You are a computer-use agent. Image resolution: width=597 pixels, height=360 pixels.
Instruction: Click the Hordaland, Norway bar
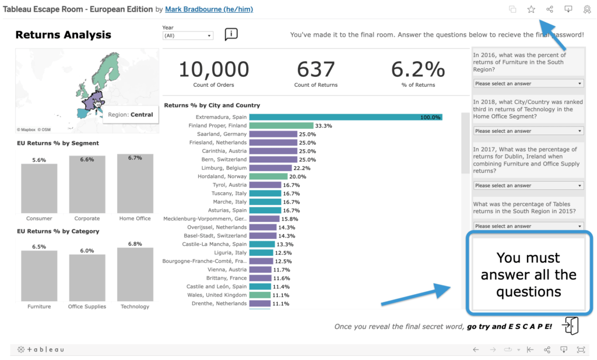click(x=268, y=176)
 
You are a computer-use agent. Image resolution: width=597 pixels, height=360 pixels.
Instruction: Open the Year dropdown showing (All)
click(x=188, y=36)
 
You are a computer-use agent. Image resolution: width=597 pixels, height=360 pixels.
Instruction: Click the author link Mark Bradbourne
click(x=209, y=10)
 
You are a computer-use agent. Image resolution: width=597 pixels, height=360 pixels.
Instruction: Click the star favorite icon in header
click(x=531, y=9)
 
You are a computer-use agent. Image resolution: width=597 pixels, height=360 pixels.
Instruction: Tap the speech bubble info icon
click(x=231, y=34)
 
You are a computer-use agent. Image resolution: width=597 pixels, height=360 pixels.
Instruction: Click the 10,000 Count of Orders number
click(x=213, y=69)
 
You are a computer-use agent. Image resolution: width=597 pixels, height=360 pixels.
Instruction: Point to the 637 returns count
click(x=315, y=69)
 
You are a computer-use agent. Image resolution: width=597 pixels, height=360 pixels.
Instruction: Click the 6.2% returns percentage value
click(x=417, y=69)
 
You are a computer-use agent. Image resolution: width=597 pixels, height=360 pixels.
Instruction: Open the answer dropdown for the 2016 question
click(x=528, y=84)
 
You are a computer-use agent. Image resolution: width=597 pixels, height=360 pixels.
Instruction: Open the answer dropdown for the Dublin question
click(x=528, y=186)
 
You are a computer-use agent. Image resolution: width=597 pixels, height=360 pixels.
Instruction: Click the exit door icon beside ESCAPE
click(x=571, y=326)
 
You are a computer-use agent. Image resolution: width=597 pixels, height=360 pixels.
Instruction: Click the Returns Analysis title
click(x=63, y=35)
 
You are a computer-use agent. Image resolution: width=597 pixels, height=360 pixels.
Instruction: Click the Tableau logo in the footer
click(x=41, y=350)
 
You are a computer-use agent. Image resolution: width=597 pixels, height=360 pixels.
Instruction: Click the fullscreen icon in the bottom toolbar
click(x=581, y=350)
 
